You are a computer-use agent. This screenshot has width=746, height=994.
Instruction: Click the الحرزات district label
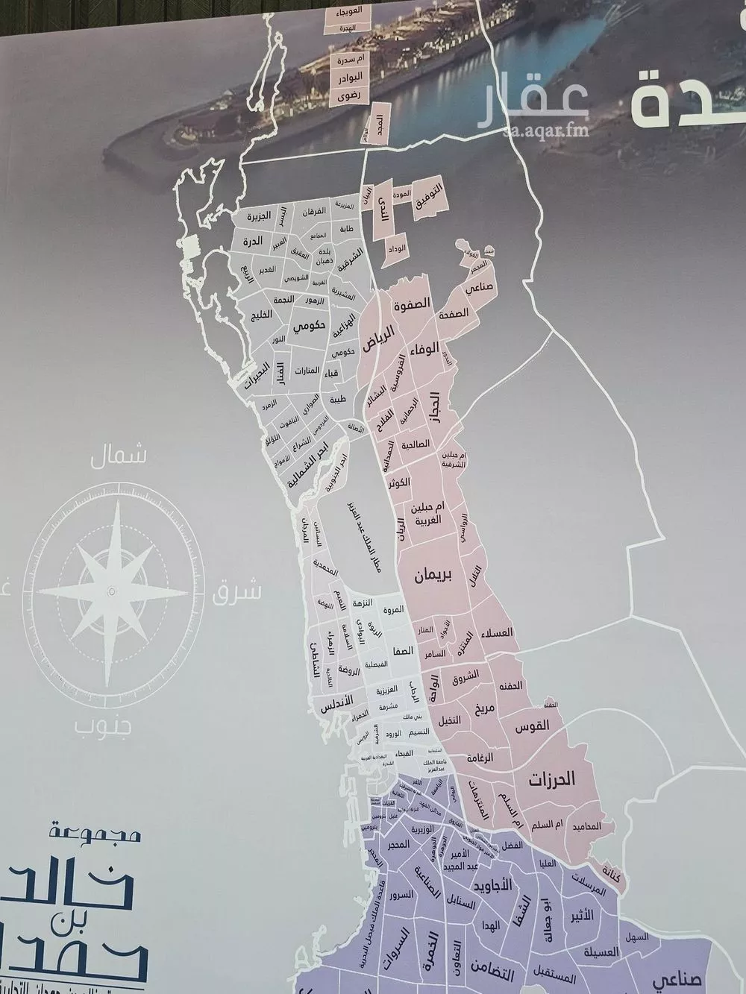coord(553,780)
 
